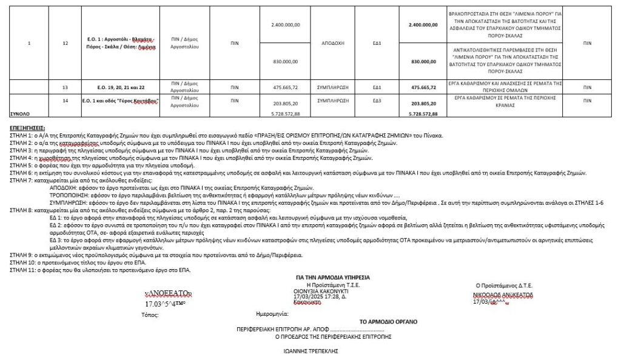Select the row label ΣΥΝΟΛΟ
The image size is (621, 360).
[20, 113]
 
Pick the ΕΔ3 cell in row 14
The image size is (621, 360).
[377, 100]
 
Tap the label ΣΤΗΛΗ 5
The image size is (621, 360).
[21, 165]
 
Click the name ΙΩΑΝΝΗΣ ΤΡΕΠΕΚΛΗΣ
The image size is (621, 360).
[311, 350]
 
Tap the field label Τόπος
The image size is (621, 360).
[149, 315]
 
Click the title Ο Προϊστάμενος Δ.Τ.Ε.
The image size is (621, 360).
[504, 284]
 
